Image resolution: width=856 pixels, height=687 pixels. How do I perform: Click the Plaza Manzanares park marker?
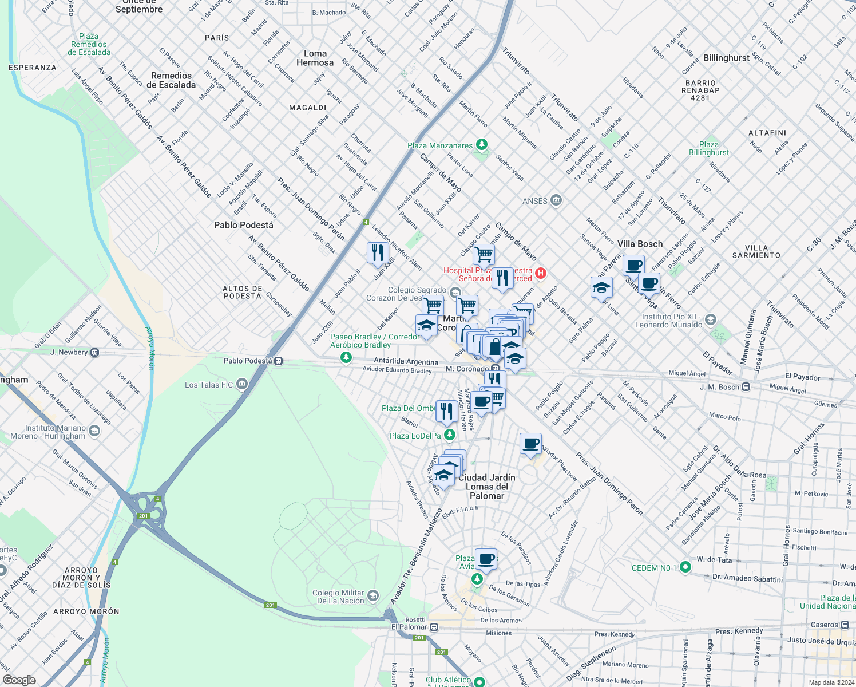pos(482,144)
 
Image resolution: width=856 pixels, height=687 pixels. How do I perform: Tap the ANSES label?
pos(535,201)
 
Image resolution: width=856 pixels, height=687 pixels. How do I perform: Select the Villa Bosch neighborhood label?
pos(640,244)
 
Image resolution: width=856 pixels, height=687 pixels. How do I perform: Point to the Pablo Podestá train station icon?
pos(278,361)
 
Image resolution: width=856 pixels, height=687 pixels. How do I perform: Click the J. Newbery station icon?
pos(95,352)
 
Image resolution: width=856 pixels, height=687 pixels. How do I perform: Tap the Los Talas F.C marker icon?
pos(242,384)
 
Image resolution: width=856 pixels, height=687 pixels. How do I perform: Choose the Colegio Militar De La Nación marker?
pos(373,596)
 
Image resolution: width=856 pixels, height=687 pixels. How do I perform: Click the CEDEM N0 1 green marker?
pos(685,567)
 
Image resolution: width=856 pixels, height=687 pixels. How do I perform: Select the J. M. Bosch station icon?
pos(746,387)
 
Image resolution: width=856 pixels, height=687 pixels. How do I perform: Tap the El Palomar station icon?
pos(434,627)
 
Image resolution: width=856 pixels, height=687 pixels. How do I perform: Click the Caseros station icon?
pos(845,625)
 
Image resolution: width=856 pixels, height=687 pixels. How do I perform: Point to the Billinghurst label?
pos(726,58)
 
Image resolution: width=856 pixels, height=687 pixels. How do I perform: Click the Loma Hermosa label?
pos(315,58)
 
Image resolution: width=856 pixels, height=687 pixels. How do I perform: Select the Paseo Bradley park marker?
pos(346,358)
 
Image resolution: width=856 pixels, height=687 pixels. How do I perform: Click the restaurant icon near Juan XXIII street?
pos(378,252)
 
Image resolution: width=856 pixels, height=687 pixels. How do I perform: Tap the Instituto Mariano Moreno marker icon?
pos(94,431)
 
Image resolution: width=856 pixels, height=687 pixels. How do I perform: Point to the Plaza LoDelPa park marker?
pos(450,435)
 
